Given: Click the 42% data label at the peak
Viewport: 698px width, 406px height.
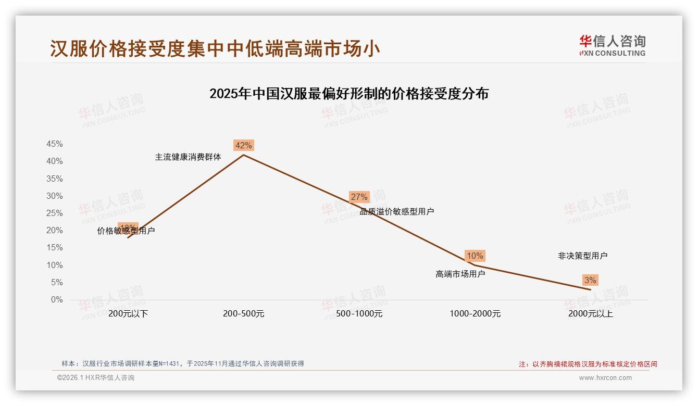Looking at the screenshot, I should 244,145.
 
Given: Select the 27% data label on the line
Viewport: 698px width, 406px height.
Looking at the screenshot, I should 359,197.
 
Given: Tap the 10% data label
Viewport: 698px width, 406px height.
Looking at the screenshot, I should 475,256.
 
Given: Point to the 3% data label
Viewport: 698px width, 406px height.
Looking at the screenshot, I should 590,280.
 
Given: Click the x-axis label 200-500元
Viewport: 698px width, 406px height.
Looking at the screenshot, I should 244,314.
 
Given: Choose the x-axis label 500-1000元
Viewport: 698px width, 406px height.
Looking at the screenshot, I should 359,314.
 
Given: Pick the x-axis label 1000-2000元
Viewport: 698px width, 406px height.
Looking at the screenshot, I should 475,314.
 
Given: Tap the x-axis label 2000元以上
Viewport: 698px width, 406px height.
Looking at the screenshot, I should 591,314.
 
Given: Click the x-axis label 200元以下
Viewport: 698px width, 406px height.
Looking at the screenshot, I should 128,314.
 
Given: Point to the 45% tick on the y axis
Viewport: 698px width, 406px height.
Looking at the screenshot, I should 55,144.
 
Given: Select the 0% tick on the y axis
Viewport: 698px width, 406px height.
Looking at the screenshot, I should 57,300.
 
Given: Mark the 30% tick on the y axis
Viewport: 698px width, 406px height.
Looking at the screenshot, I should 55,196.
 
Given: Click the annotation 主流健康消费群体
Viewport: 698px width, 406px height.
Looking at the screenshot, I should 188,157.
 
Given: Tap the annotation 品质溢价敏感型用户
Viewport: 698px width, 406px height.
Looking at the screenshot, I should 397,211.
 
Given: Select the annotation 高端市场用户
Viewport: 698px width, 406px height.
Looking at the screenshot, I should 460,274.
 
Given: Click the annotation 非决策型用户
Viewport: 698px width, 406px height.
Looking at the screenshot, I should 582,256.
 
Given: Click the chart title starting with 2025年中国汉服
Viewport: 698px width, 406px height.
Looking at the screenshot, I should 349,94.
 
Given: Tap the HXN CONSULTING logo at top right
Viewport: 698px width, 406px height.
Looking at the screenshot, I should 612,46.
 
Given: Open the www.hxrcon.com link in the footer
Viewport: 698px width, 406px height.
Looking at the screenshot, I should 605,378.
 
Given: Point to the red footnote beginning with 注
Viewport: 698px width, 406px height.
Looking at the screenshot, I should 588,364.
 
